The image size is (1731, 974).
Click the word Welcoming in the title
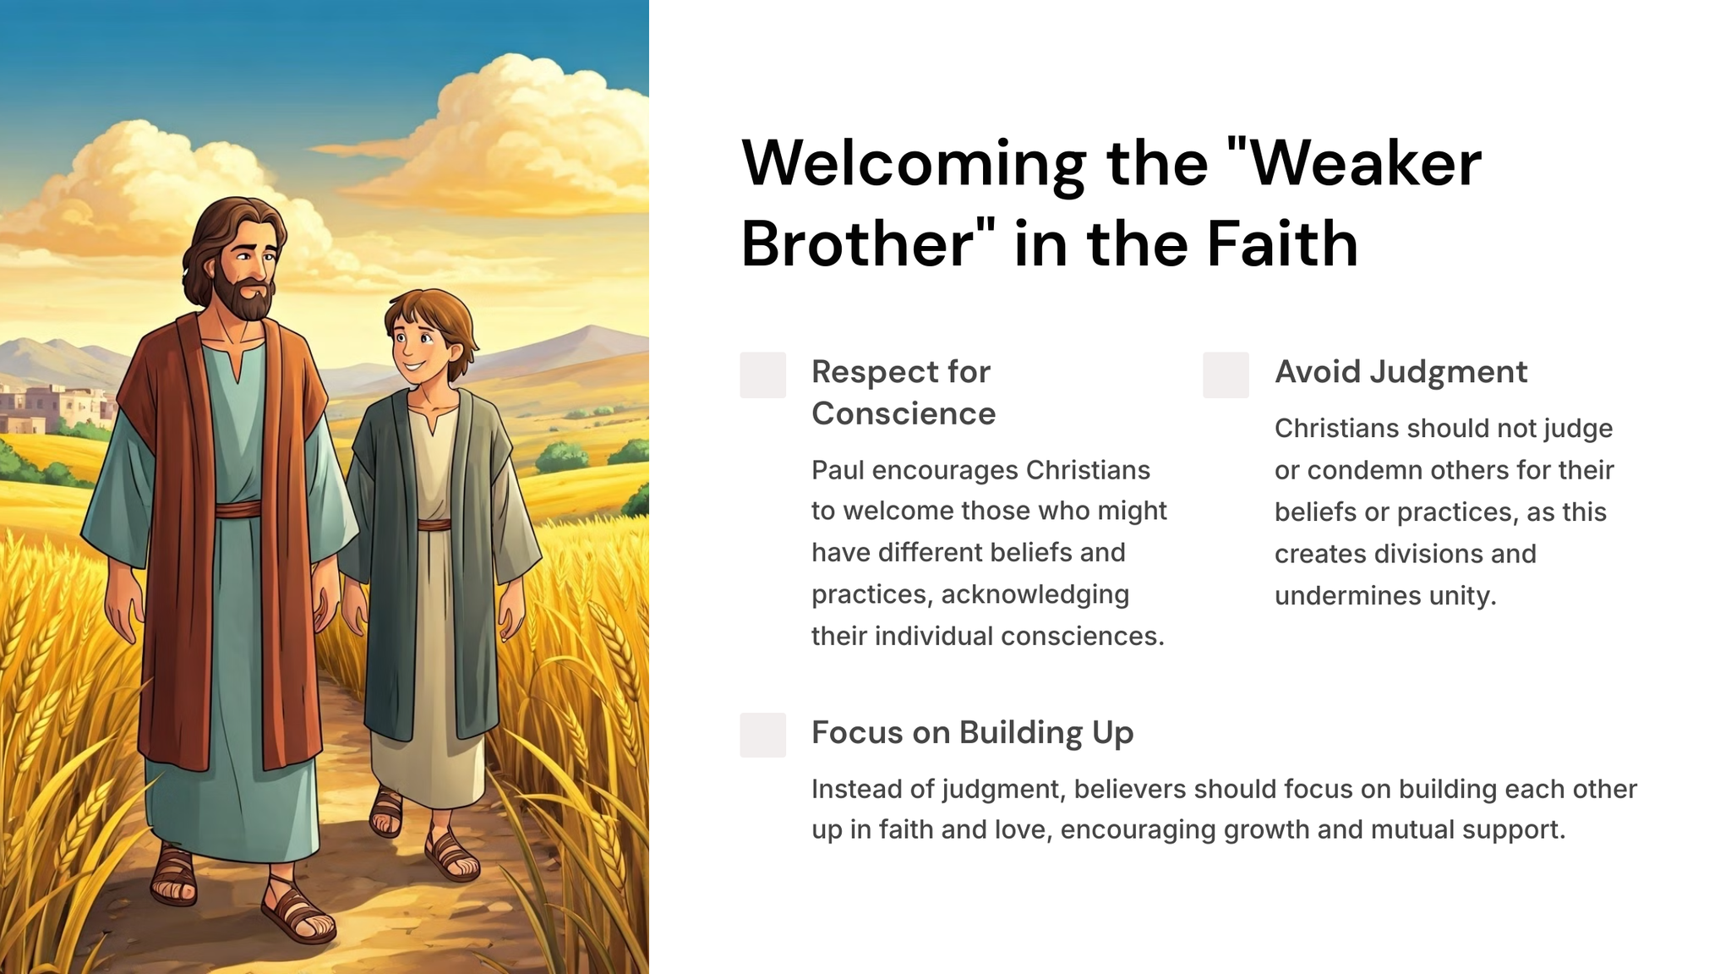(x=914, y=165)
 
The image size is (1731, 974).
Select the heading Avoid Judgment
(x=1401, y=372)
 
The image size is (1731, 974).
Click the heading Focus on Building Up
(x=972, y=733)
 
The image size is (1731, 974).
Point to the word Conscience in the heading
(x=904, y=413)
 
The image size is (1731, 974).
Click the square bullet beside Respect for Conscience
(x=762, y=375)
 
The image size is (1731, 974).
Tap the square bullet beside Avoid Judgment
(x=1226, y=375)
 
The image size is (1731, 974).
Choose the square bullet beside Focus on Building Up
(x=762, y=735)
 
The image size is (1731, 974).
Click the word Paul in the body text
(x=837, y=470)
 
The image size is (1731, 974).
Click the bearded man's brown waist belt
(x=238, y=510)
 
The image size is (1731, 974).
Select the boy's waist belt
(x=434, y=524)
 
